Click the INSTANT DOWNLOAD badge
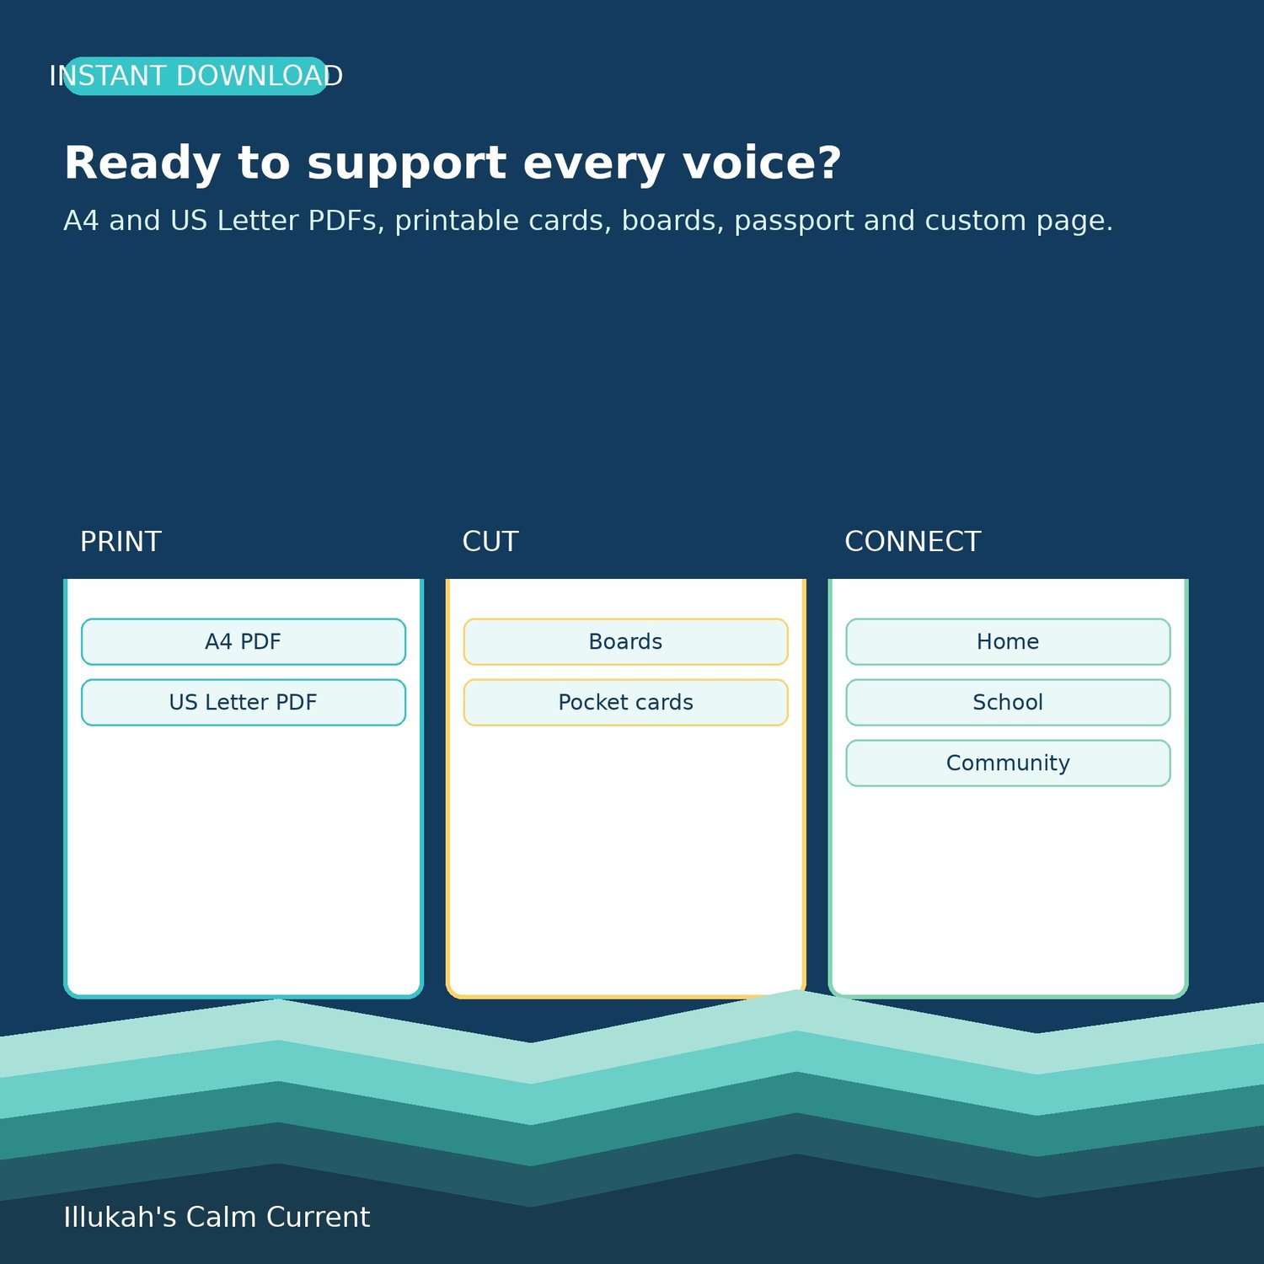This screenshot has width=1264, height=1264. pos(195,76)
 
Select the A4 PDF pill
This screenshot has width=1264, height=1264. pos(244,642)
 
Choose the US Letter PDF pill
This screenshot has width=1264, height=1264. pos(244,703)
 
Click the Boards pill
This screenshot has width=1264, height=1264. pos(626,642)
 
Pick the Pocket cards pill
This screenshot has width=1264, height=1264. pos(626,703)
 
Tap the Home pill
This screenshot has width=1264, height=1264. pos(1008,642)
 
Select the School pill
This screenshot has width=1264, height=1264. pos(1008,703)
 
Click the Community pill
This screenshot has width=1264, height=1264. pos(1008,763)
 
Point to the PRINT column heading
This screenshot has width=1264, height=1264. pos(121,542)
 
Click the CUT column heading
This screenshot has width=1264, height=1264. pos(490,542)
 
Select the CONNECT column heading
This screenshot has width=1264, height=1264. pos(913,542)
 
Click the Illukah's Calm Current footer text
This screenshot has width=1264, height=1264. pos(217,1217)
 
